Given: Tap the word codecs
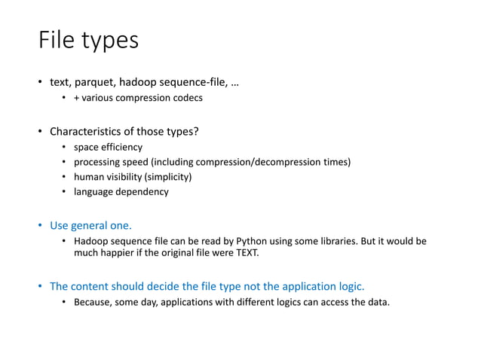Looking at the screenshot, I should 186,98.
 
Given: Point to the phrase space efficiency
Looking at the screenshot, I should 108,147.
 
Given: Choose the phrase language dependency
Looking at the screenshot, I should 121,192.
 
